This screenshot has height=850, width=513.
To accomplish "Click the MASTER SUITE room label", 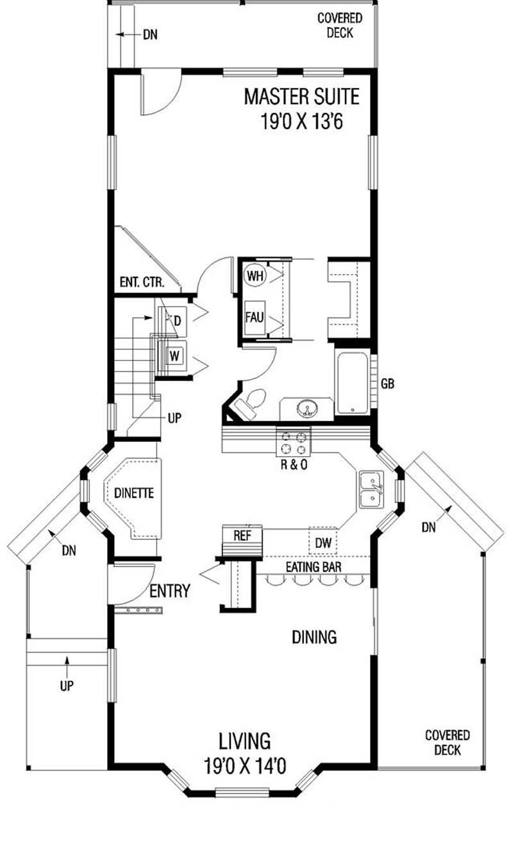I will tap(301, 97).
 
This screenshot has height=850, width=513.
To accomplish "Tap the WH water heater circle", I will tap(255, 276).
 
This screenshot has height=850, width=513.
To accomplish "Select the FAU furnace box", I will tap(254, 316).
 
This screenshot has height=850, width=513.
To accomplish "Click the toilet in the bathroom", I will tap(251, 402).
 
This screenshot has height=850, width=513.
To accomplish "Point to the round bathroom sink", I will tap(307, 408).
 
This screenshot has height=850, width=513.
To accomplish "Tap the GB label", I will tap(387, 384).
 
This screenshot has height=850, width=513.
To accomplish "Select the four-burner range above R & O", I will tap(293, 441).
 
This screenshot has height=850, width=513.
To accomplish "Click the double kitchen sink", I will tap(371, 489).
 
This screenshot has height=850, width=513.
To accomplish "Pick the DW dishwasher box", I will tap(323, 543).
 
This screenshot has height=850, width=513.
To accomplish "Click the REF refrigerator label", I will tap(241, 536).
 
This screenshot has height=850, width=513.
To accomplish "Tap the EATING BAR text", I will tap(313, 566).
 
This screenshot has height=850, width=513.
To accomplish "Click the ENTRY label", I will tap(169, 591).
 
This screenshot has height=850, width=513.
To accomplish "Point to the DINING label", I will tap(314, 637).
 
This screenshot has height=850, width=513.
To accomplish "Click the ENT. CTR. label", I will tap(141, 282).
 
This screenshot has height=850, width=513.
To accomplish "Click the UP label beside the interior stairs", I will tap(174, 418).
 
